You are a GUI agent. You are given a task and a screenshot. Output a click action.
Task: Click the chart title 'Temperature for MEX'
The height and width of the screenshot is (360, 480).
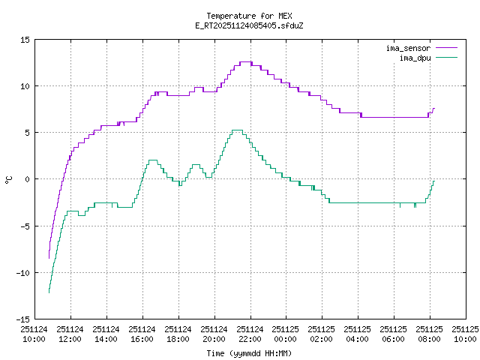[x=248, y=16]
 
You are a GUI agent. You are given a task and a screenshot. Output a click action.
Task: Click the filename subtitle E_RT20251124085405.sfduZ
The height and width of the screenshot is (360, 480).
[x=248, y=25]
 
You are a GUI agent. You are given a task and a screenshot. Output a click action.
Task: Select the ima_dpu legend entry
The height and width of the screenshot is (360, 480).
[x=414, y=57]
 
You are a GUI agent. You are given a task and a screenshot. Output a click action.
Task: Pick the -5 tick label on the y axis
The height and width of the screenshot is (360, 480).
[x=25, y=226]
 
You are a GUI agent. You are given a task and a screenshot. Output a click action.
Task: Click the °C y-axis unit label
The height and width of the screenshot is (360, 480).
[x=8, y=179]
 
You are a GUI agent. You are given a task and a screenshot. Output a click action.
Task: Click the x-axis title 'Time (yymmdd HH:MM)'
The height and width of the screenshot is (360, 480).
[x=248, y=353]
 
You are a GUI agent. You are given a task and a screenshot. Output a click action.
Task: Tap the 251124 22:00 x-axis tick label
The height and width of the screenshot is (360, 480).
[x=250, y=334]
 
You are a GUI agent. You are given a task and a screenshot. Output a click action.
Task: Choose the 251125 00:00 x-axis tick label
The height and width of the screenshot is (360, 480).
[x=286, y=334]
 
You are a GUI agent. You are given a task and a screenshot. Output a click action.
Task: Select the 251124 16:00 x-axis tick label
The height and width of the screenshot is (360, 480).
[x=142, y=334]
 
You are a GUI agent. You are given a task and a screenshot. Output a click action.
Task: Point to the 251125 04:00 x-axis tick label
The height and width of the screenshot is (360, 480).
[x=358, y=334]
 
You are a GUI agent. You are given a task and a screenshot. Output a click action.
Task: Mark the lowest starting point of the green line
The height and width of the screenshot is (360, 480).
[x=49, y=292]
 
